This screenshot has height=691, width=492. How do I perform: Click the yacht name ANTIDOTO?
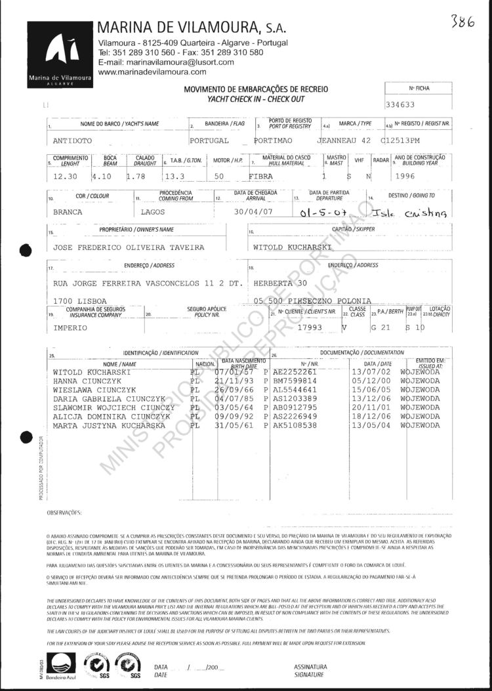point(74,141)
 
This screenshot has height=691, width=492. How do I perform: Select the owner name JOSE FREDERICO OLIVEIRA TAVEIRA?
point(128,248)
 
